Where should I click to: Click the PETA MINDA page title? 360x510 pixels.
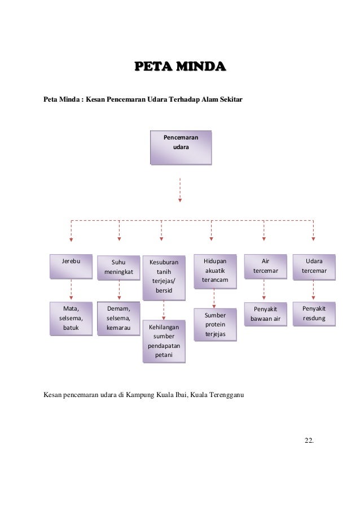(x=180, y=68)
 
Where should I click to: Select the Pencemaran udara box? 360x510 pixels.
(x=181, y=147)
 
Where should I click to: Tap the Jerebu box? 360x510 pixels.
(x=71, y=266)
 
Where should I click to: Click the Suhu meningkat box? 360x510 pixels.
(x=118, y=267)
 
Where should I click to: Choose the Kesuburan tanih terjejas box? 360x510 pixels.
(x=164, y=276)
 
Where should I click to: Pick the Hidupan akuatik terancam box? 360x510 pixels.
(x=214, y=271)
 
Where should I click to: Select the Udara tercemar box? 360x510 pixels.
(x=314, y=266)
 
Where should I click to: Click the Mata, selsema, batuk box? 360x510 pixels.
(x=71, y=318)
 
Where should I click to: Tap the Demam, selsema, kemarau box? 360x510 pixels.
(x=118, y=318)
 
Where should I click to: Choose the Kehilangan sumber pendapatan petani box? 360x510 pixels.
(x=164, y=341)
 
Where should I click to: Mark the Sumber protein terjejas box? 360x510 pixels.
(x=215, y=325)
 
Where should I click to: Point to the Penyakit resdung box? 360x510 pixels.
(x=314, y=314)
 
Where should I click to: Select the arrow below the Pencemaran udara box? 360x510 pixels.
(x=180, y=189)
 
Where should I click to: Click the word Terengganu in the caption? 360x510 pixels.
(x=224, y=394)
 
